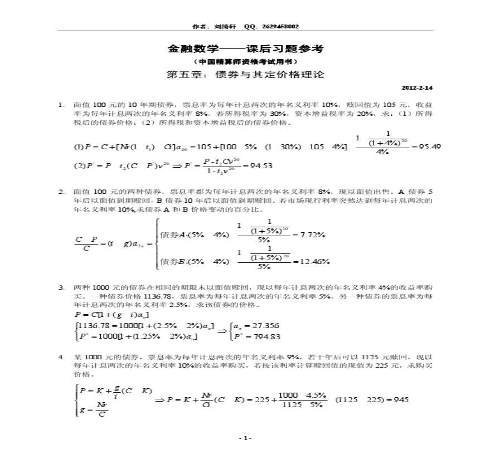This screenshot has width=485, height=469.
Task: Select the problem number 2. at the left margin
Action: (62, 192)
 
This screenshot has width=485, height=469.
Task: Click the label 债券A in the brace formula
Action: (174, 234)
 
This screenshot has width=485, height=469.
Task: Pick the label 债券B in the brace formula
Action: (174, 261)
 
